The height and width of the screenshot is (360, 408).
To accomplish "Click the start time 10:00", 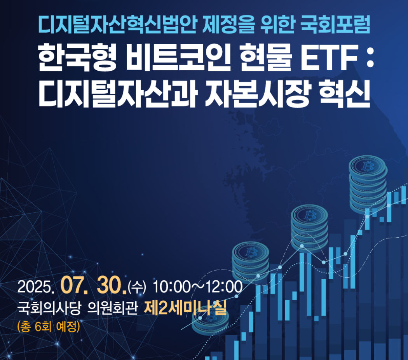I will [171, 288].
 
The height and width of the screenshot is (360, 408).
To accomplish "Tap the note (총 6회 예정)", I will [49, 326].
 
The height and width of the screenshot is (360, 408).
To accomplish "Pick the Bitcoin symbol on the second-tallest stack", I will [310, 215].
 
